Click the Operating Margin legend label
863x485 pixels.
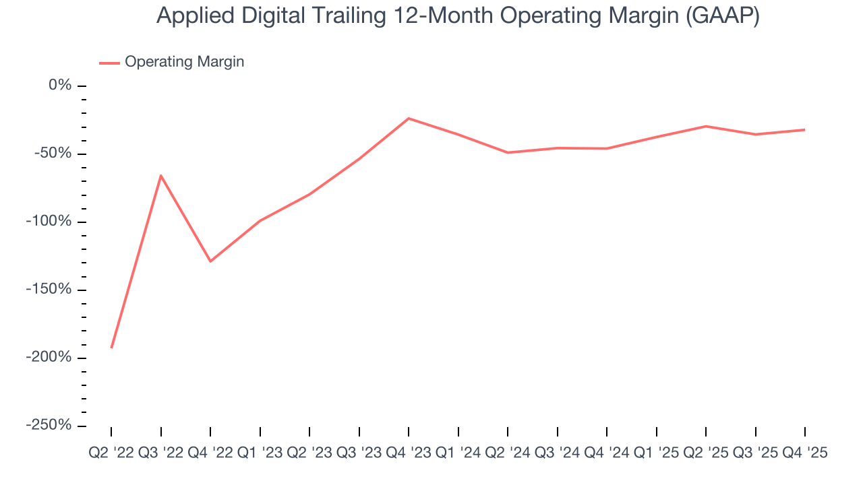coord(184,62)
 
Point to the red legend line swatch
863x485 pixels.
coord(109,63)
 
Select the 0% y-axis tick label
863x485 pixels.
coord(59,86)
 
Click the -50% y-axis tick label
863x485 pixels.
coord(53,154)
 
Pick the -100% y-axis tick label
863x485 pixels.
coord(49,222)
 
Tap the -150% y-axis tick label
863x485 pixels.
coord(49,290)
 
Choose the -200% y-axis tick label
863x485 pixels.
coord(49,357)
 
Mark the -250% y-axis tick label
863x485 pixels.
coord(49,425)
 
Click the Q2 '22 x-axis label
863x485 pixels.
coord(111,453)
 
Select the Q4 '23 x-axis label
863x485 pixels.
coord(409,453)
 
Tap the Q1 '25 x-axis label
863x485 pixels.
coord(657,453)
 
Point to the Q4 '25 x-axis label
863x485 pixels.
coord(804,453)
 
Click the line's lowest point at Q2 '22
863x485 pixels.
coord(111,348)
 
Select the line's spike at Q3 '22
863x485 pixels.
coord(160,175)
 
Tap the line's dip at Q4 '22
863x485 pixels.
coord(210,261)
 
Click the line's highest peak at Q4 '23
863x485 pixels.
coord(409,119)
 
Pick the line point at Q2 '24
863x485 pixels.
coord(508,152)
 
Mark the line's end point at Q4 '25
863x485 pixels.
coord(804,129)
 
